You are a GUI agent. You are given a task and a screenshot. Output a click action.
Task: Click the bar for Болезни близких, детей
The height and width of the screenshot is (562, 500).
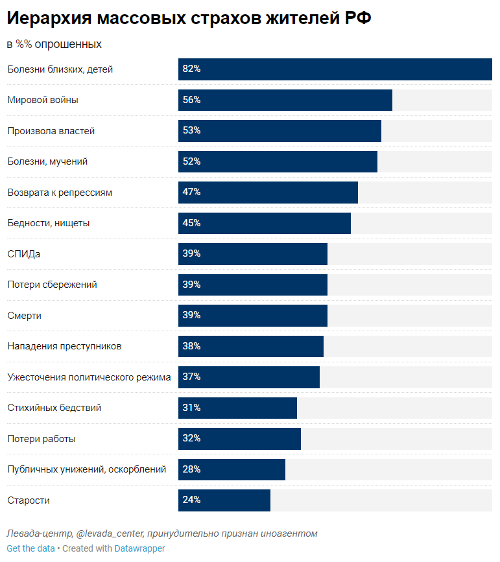(x=335, y=69)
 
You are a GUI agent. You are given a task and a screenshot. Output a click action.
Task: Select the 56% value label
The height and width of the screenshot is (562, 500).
(x=191, y=100)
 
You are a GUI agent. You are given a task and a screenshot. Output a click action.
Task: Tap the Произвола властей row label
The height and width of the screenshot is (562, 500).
(x=51, y=131)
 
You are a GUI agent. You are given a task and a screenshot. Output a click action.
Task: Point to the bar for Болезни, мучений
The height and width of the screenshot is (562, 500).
(x=278, y=161)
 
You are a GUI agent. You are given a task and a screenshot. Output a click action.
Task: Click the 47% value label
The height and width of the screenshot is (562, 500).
(x=191, y=192)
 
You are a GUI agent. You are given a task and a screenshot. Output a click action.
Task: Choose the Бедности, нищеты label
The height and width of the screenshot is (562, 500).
(x=49, y=223)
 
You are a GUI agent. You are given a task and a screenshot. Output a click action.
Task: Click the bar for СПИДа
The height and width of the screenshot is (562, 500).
(x=253, y=254)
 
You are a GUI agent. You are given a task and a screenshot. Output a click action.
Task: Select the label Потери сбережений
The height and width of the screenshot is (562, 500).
(x=53, y=285)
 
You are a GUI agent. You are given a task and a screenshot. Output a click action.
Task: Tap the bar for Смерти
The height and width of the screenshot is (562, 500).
(x=253, y=316)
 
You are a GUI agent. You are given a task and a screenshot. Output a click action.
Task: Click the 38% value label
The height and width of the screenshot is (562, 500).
(x=191, y=346)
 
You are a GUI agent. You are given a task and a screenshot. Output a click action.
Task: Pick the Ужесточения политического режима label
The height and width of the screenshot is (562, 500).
(x=89, y=377)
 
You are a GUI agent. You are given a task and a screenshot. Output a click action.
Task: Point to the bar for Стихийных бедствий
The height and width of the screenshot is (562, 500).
(x=237, y=408)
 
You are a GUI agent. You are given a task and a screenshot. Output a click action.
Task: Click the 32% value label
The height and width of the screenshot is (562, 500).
(x=191, y=438)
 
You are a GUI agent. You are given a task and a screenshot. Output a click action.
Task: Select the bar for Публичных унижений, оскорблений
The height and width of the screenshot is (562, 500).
(x=232, y=469)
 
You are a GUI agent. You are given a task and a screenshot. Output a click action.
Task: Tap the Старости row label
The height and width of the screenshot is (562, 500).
(x=29, y=500)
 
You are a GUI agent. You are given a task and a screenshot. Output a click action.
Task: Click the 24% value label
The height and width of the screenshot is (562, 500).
(x=191, y=500)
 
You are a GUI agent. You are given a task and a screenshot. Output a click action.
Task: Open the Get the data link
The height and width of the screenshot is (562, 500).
(x=30, y=548)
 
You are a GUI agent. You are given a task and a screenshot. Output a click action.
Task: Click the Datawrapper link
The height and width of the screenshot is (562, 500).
(x=140, y=548)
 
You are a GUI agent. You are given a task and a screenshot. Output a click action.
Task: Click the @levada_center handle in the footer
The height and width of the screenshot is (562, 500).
(x=110, y=533)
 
